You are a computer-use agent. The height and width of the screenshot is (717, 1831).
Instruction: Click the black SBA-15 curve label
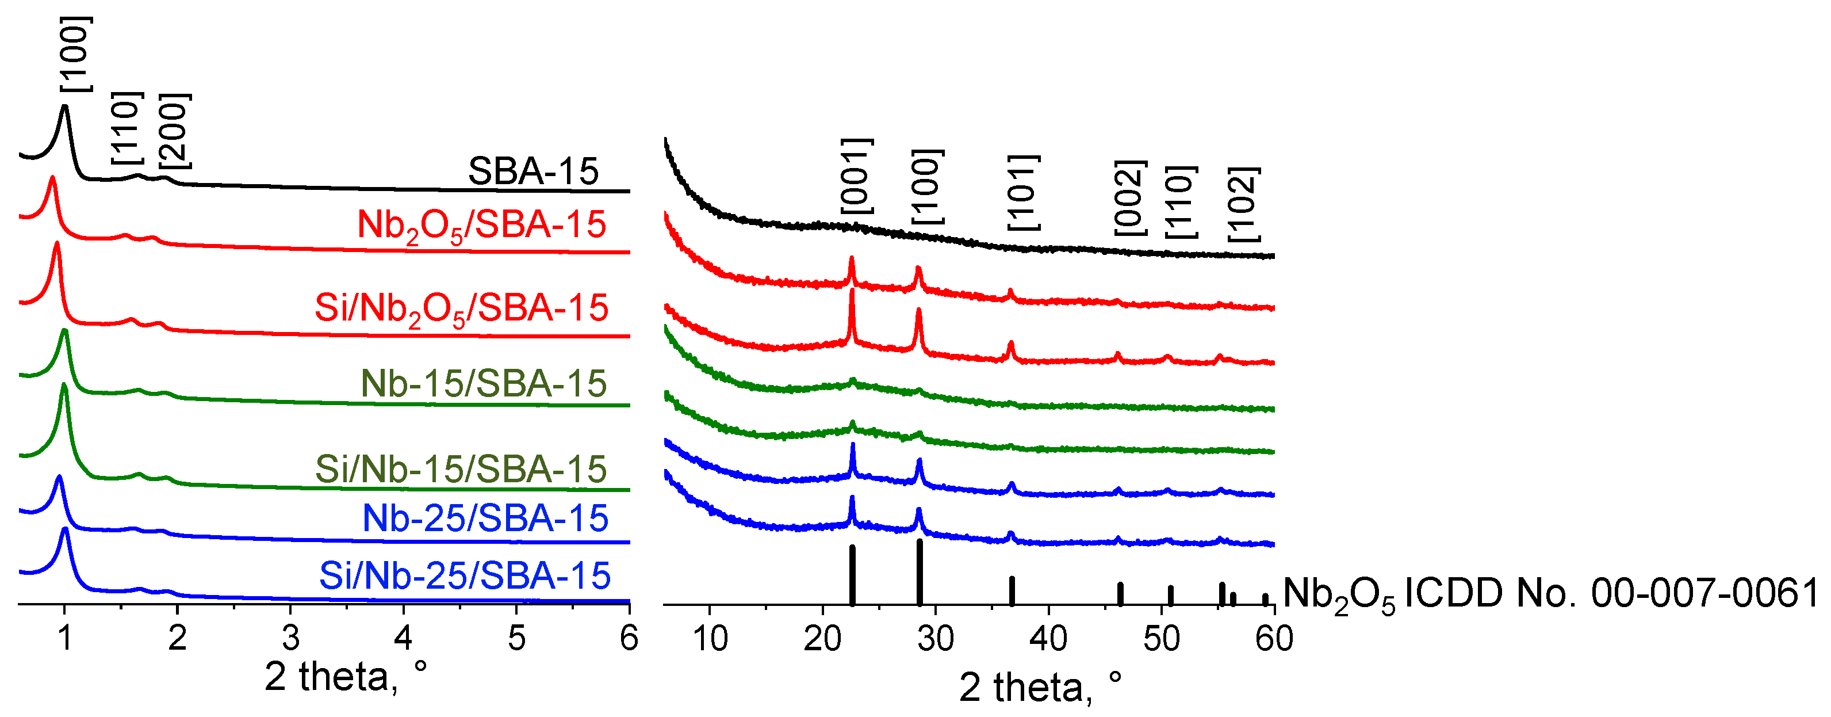pyautogui.click(x=533, y=171)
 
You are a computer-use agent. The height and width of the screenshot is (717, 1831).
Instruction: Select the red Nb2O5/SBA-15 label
pyautogui.click(x=482, y=226)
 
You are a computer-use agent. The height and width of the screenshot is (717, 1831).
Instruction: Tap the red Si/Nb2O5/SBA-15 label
pyautogui.click(x=461, y=308)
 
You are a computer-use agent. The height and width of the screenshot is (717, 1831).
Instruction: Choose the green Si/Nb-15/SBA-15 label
pyautogui.click(x=461, y=469)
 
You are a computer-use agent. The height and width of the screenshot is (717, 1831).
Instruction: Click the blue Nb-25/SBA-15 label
pyautogui.click(x=485, y=518)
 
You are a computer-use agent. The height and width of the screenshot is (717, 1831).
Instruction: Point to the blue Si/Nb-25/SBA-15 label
pyautogui.click(x=465, y=575)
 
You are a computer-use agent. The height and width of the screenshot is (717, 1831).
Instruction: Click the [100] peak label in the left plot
pyautogui.click(x=75, y=54)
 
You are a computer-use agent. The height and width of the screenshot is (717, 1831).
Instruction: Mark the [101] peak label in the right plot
pyautogui.click(x=1024, y=192)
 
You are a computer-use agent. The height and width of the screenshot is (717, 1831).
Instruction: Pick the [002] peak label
pyautogui.click(x=1130, y=198)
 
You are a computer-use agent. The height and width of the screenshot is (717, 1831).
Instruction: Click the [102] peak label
pyautogui.click(x=1244, y=204)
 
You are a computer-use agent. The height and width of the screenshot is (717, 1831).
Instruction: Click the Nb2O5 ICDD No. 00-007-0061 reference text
pyautogui.click(x=1550, y=593)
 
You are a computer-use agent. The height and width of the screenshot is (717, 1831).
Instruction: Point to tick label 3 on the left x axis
pyautogui.click(x=290, y=638)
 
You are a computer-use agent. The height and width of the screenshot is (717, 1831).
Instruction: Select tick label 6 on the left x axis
pyautogui.click(x=629, y=638)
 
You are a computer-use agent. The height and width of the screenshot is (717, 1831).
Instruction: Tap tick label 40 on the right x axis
pyautogui.click(x=1048, y=639)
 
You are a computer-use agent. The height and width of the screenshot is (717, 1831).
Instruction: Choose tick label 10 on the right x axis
pyautogui.click(x=710, y=639)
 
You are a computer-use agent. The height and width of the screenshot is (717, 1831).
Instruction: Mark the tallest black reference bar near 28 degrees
pyautogui.click(x=920, y=572)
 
